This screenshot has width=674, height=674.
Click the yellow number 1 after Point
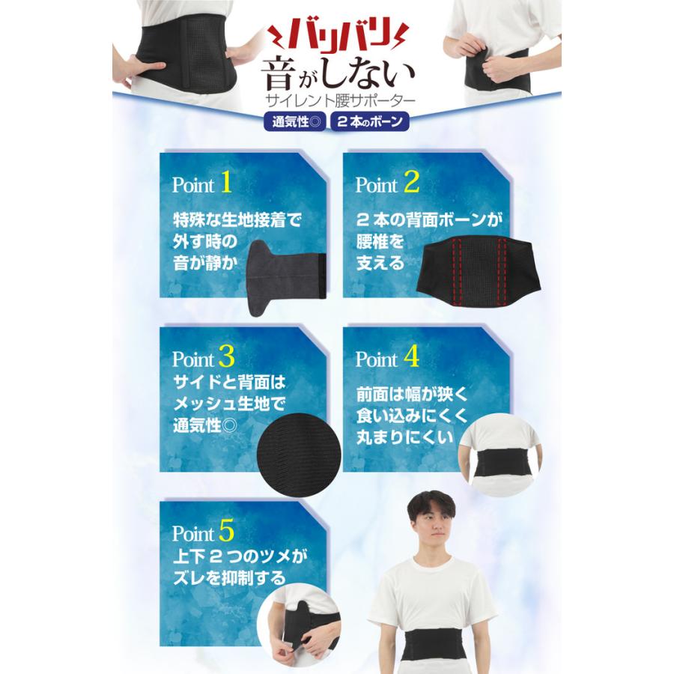pos(228,182)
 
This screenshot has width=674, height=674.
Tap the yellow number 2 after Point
pos(411,182)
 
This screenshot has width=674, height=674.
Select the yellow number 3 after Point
pos(227,356)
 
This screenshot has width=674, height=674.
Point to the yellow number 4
pos(411,356)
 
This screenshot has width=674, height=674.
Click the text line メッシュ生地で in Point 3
pos(229,405)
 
